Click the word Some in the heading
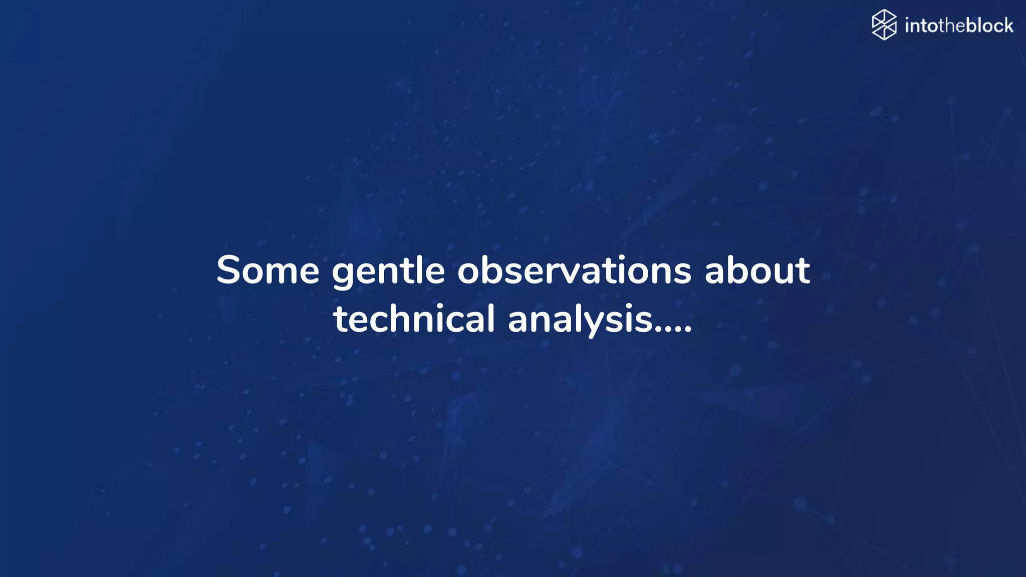coord(268,270)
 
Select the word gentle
coord(388,271)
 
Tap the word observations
coord(574,270)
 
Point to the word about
coord(757,270)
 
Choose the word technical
coord(414,319)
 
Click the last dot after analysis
coord(688,331)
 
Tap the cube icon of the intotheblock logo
coord(884,25)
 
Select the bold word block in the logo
coord(989,25)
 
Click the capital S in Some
coord(229,270)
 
